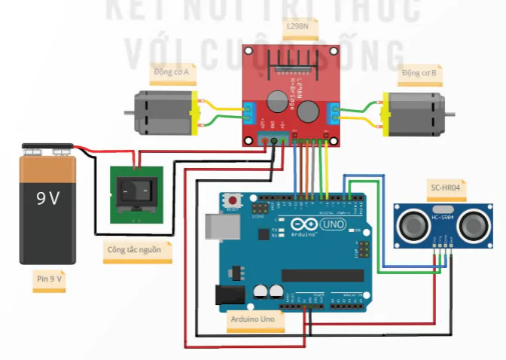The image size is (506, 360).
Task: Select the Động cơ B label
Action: click(419, 73)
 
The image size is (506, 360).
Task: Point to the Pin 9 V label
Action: click(48, 279)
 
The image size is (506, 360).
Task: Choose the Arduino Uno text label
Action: click(256, 321)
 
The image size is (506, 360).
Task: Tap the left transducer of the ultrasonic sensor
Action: click(413, 224)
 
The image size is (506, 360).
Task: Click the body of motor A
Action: click(163, 111)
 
